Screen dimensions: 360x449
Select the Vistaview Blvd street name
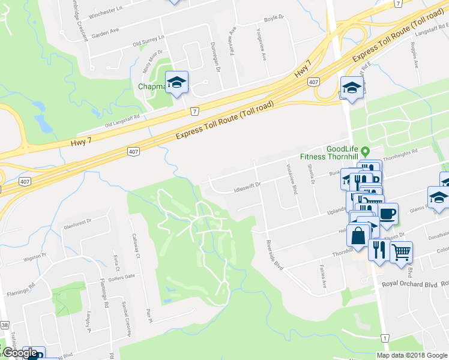click(x=292, y=178)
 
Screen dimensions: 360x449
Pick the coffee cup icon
click(x=387, y=214)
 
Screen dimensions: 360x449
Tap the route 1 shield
click(x=384, y=339)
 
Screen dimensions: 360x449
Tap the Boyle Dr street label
click(x=273, y=19)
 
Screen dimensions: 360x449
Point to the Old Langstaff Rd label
click(x=122, y=121)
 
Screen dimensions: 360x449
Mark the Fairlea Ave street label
click(x=322, y=277)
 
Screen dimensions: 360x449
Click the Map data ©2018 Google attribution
click(x=411, y=355)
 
